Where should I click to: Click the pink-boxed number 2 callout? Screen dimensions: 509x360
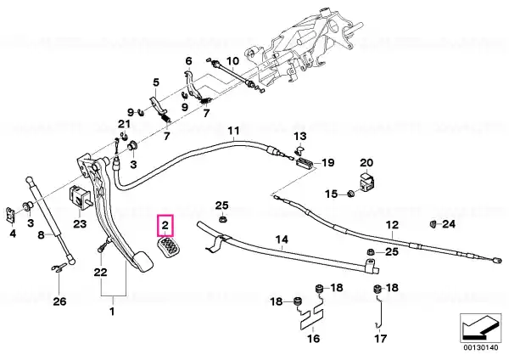pyautogui.click(x=165, y=225)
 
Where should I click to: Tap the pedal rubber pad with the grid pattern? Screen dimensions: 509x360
pyautogui.click(x=170, y=247)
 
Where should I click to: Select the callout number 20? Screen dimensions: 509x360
pyautogui.click(x=366, y=163)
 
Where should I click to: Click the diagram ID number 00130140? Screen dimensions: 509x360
pyautogui.click(x=480, y=348)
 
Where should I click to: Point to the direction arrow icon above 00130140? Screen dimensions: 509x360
pyautogui.click(x=480, y=328)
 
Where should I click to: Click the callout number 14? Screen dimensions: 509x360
pyautogui.click(x=282, y=240)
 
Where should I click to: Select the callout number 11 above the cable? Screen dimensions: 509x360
pyautogui.click(x=233, y=131)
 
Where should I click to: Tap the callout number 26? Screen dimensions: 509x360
pyautogui.click(x=59, y=301)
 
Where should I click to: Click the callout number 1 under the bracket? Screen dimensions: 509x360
pyautogui.click(x=112, y=312)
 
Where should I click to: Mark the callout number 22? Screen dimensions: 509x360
pyautogui.click(x=100, y=272)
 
